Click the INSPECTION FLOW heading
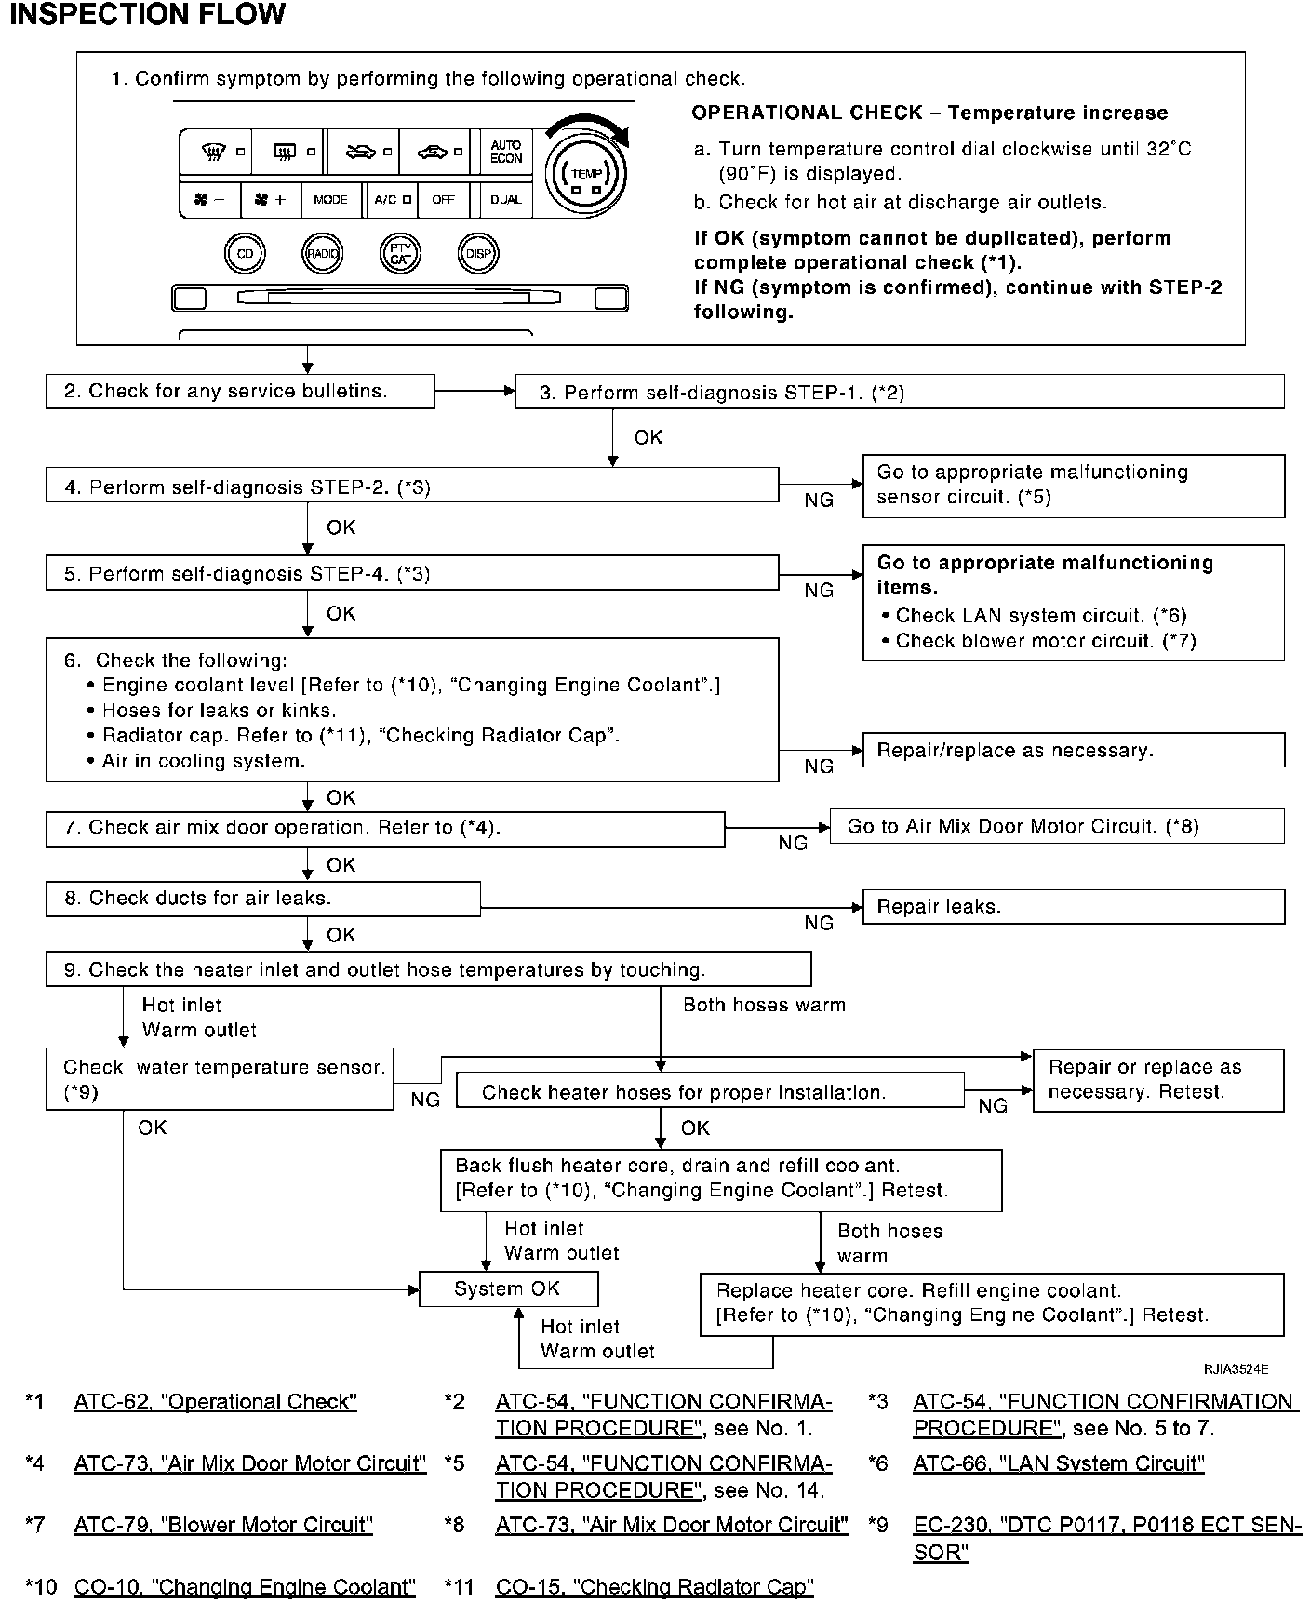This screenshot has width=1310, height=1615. [x=147, y=15]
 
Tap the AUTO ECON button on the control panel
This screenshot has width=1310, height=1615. [x=506, y=152]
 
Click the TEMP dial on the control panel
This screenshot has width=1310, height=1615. [x=586, y=173]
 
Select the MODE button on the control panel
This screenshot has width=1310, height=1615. [x=330, y=200]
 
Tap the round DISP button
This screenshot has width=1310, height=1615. [x=479, y=253]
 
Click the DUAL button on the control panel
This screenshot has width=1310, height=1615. [x=506, y=200]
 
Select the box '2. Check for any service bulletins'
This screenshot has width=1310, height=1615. [x=240, y=392]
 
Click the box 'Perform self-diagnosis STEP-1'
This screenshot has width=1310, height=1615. [x=899, y=393]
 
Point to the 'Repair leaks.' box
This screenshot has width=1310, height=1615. [x=1074, y=907]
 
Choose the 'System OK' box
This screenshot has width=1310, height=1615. [x=508, y=1289]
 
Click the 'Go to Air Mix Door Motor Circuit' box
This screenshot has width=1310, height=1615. [x=1056, y=826]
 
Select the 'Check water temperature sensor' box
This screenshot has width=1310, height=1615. [x=221, y=1080]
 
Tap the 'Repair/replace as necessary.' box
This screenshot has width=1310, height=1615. [x=1074, y=751]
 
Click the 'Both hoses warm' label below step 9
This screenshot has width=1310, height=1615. [x=764, y=1005]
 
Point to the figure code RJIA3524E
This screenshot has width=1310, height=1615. [x=1235, y=1369]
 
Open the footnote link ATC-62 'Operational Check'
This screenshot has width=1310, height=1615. [x=216, y=1402]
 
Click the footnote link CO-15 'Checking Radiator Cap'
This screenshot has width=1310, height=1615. [x=654, y=1587]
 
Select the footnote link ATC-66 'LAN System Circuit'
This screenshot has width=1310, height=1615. [x=1059, y=1463]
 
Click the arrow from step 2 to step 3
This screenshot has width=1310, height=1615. [x=475, y=392]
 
